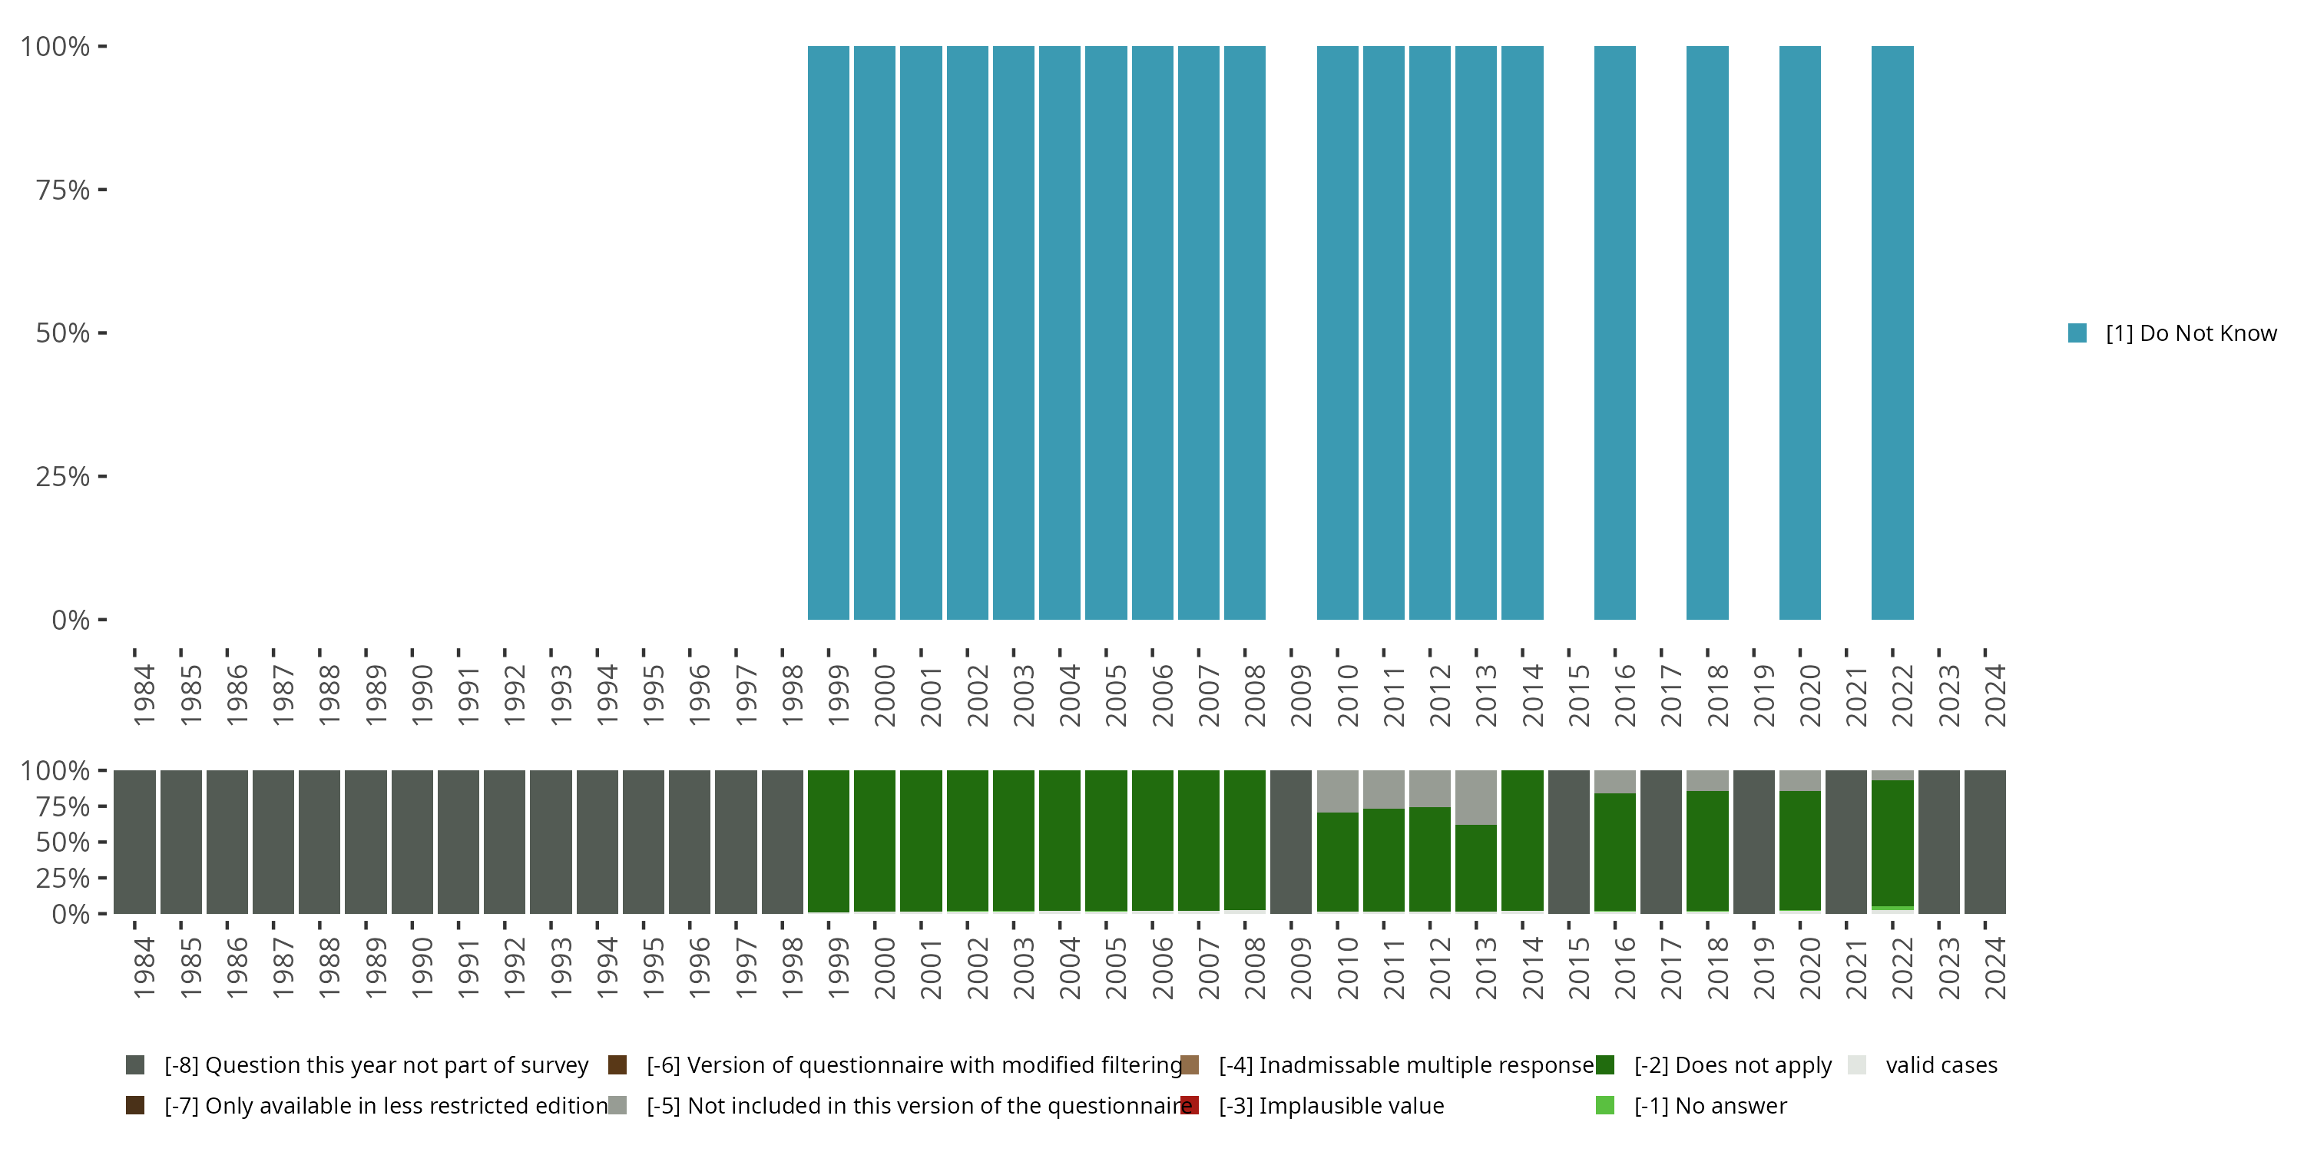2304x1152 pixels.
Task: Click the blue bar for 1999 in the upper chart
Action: (828, 333)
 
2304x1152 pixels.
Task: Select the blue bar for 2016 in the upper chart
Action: (1614, 333)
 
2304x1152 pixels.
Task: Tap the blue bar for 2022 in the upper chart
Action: (1892, 333)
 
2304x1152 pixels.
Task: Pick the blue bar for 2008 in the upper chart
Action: (1244, 333)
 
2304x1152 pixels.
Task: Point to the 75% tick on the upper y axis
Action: (102, 190)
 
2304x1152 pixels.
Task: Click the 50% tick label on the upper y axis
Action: (63, 333)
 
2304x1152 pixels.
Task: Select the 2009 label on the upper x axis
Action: (1300, 695)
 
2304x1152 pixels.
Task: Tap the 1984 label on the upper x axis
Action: (144, 695)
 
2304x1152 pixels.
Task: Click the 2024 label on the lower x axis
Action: (1994, 968)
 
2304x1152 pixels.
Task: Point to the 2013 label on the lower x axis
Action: (1485, 968)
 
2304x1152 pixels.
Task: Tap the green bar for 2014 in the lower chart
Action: (1522, 841)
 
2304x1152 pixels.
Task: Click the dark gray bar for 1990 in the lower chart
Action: (412, 841)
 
